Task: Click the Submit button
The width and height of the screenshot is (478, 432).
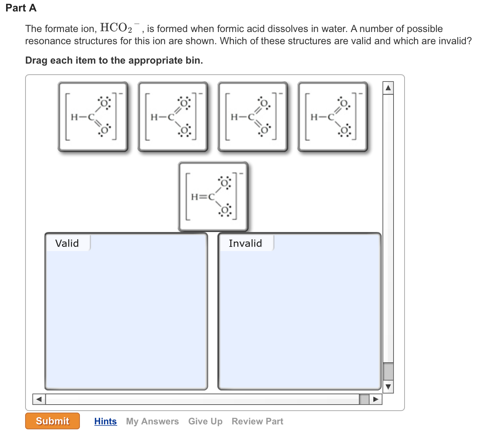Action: (53, 421)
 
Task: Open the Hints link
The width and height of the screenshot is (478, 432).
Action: (105, 421)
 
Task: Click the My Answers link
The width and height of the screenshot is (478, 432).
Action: (152, 421)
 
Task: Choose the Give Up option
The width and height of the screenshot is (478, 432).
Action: (205, 421)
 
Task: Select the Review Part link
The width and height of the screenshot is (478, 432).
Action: (257, 421)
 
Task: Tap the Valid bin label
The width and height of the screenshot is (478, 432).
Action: (67, 243)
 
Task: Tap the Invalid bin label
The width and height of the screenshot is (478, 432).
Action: (245, 243)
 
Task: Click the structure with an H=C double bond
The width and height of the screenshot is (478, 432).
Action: (213, 197)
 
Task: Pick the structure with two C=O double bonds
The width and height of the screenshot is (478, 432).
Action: (253, 117)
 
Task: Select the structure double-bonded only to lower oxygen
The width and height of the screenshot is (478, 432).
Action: (93, 117)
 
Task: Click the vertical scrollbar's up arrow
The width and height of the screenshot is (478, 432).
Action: (388, 88)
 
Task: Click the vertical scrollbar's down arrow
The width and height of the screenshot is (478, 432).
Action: (388, 387)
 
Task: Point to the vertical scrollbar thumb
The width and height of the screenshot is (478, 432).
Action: (388, 371)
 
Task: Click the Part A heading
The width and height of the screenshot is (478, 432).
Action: (21, 8)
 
